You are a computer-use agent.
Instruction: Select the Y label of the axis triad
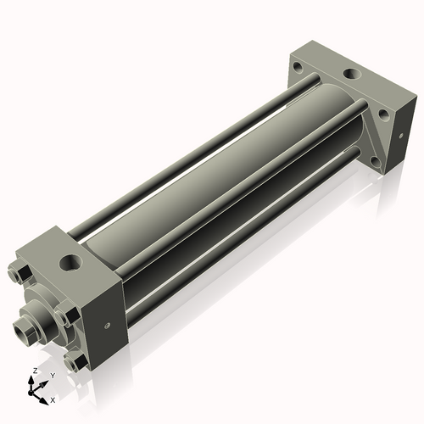[x=52, y=375]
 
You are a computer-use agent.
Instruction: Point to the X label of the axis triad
[x=53, y=399]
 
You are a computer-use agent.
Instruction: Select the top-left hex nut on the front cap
[x=23, y=274]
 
